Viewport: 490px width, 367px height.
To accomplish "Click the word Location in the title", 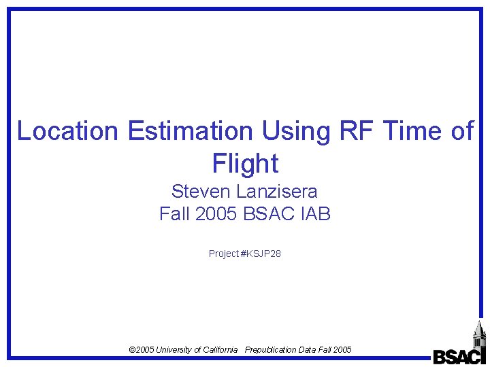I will pyautogui.click(x=68, y=130).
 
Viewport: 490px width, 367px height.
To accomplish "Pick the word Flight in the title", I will pyautogui.click(x=245, y=164).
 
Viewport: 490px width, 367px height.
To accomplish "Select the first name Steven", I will pyautogui.click(x=201, y=191).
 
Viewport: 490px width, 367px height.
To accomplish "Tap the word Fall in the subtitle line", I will pyautogui.click(x=174, y=214).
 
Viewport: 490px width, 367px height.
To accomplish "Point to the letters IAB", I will pyautogui.click(x=314, y=214).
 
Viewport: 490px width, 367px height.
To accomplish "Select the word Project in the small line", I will pyautogui.click(x=224, y=254).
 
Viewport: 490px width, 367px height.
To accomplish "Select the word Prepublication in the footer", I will pyautogui.click(x=271, y=349).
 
